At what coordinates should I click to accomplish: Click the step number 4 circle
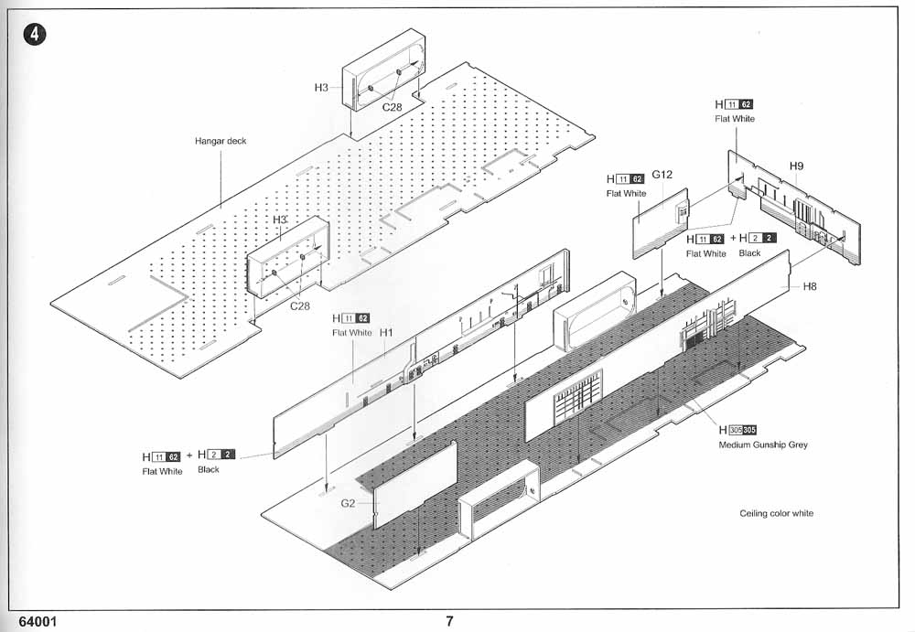tap(35, 35)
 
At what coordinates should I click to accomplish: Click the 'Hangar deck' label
tap(221, 141)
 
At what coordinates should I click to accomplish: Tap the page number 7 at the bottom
tap(449, 621)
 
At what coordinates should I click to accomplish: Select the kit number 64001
tap(38, 622)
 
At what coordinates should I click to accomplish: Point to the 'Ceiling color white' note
tap(776, 513)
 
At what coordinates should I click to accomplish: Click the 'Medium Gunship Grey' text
tap(763, 445)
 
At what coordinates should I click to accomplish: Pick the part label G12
tap(662, 175)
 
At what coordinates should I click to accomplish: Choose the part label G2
tap(348, 503)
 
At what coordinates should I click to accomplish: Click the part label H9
tap(797, 166)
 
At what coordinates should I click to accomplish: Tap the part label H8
tap(810, 286)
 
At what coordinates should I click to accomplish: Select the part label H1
tap(386, 333)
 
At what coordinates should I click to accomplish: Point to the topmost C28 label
tap(393, 107)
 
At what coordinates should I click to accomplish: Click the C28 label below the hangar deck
tap(300, 305)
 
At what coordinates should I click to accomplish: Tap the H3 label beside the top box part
tap(321, 88)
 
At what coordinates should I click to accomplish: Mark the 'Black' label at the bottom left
tap(209, 469)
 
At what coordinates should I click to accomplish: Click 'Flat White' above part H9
tap(735, 119)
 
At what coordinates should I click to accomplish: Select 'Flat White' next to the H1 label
tap(352, 333)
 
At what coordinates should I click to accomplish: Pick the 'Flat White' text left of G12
tap(626, 193)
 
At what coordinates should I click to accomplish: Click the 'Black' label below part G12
tap(750, 253)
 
